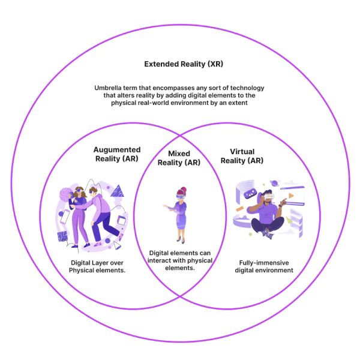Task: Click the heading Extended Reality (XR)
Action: pos(179,64)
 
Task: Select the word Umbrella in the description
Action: pos(109,88)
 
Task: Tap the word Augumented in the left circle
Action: pos(117,149)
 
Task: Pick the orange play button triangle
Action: pos(292,195)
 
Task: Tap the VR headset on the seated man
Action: pos(269,196)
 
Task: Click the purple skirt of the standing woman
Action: pos(180,222)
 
